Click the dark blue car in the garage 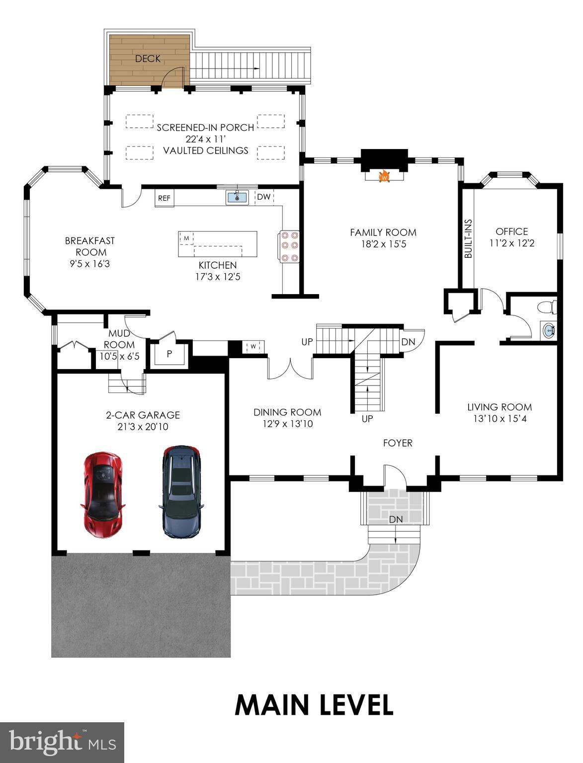[181, 491]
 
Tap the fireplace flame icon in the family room [384, 176]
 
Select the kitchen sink [237, 197]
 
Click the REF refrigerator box [164, 198]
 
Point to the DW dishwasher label [264, 197]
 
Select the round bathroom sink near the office [549, 330]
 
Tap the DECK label [148, 59]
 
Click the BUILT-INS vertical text [468, 238]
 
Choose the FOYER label [398, 443]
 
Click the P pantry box [169, 354]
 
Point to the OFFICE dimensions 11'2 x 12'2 [511, 243]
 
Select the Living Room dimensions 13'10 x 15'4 [500, 419]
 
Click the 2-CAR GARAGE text [143, 415]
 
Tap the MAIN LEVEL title [314, 705]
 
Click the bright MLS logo [62, 742]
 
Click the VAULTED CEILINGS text [206, 151]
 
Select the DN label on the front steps [396, 520]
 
